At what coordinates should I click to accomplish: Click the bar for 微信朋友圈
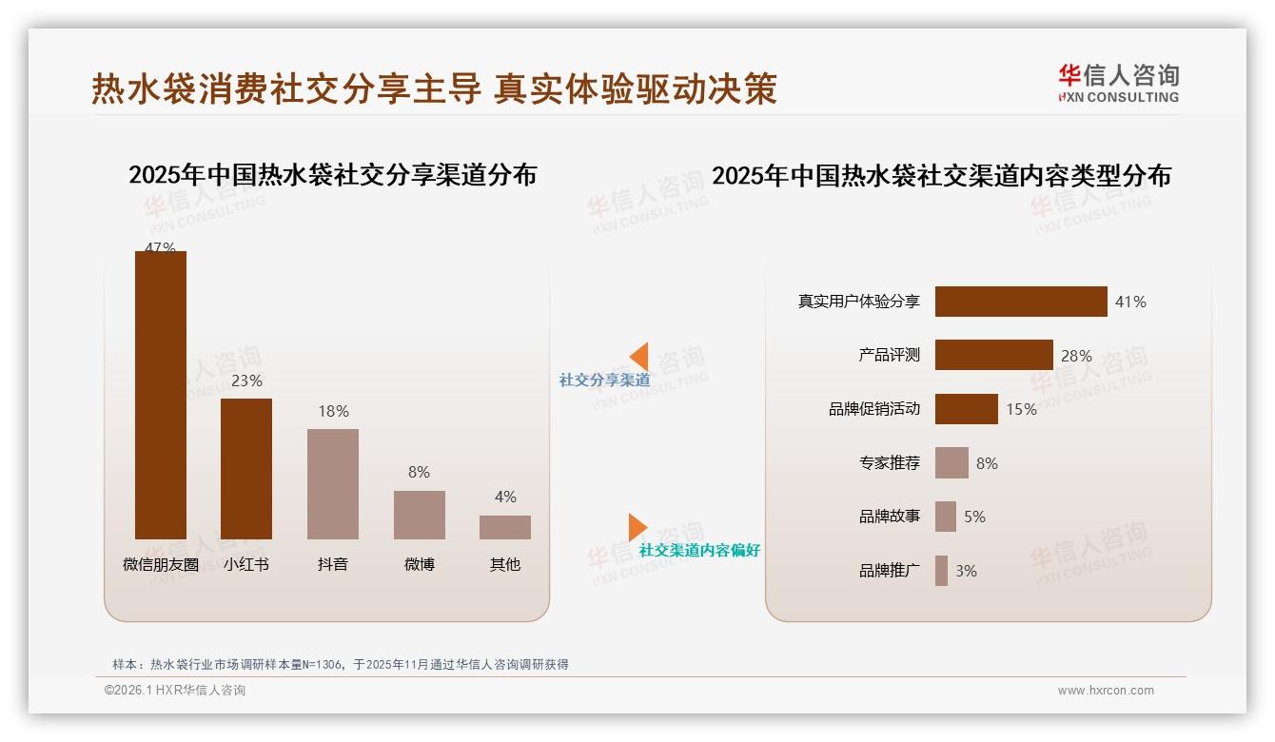160,395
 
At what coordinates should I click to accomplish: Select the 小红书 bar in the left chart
246,468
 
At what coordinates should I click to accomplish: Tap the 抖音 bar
333,483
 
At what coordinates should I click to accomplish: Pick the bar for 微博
420,515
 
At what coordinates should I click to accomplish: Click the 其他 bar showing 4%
505,527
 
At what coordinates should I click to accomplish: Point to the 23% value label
246,381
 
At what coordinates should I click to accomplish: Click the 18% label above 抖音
333,411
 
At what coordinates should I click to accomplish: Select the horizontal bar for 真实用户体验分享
1021,302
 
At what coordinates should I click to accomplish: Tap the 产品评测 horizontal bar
993,355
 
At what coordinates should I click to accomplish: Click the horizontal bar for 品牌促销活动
966,409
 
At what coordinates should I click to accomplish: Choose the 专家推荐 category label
890,463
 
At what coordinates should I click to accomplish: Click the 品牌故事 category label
890,517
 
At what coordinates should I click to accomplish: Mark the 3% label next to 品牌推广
966,571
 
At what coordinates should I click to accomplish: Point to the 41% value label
1130,302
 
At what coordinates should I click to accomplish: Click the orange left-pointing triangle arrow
639,357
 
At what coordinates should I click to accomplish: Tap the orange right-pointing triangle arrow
637,527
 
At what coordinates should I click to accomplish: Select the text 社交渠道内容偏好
699,550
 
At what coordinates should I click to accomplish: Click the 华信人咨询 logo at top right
1118,83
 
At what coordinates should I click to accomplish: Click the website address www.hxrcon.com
1106,691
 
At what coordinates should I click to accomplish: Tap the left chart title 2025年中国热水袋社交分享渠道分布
332,175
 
